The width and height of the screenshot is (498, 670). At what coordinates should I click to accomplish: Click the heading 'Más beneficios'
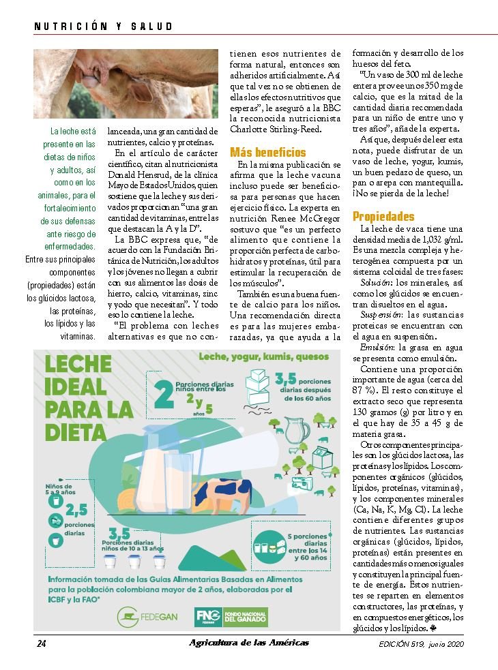click(x=268, y=152)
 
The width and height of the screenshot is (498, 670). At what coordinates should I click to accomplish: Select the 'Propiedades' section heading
click(x=383, y=217)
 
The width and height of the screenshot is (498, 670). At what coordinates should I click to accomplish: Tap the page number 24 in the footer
click(x=41, y=643)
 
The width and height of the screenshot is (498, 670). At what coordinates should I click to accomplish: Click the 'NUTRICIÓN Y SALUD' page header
click(x=103, y=27)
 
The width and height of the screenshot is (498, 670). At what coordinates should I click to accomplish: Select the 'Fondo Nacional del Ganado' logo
click(x=231, y=616)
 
